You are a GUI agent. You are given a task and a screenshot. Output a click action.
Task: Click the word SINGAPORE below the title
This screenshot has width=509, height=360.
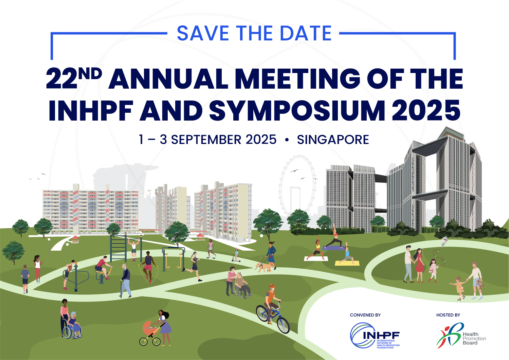pos(333,140)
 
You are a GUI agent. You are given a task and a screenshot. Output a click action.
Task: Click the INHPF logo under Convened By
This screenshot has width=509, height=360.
pos(375,335)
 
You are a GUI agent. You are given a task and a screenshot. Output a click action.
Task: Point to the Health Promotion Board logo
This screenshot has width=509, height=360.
pos(461,335)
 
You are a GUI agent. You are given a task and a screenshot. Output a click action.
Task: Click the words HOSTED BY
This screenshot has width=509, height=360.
pos(448,315)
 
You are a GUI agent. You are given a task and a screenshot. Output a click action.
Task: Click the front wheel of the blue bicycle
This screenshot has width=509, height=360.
pos(283,325)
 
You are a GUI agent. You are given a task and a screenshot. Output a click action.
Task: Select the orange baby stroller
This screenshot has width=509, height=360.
pos(150,333)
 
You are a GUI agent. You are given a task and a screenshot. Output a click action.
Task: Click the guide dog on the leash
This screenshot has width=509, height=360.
pos(263,267)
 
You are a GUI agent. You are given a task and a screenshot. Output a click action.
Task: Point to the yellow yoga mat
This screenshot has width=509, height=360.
pos(347,263)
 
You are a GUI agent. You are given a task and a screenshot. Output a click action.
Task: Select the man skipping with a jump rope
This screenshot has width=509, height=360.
pos(148,267)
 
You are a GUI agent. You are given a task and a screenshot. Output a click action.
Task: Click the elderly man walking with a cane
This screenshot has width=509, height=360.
pos(125,281)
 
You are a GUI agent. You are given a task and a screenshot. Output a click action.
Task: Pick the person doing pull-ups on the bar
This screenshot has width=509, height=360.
pos(133,249)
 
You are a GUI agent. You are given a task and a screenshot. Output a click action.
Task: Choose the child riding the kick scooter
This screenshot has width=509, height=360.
pos(236,255)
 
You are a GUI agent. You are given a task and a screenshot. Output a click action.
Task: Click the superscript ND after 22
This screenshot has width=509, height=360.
pos(90,74)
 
